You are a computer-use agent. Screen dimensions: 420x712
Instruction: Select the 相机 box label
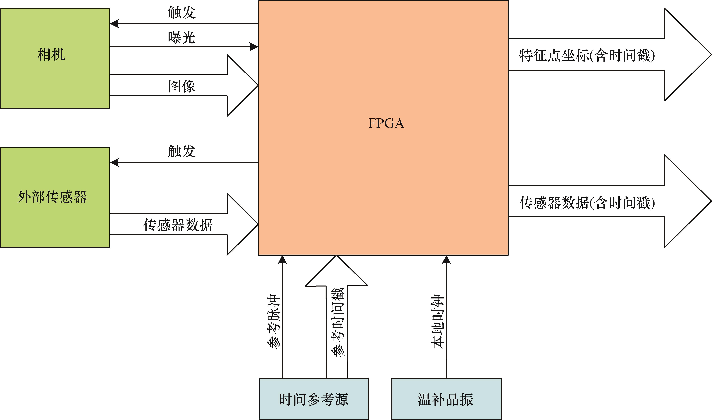(x=51, y=54)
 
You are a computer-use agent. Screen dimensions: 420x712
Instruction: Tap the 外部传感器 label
(x=52, y=197)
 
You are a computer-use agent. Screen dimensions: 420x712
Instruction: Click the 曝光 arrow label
(x=182, y=37)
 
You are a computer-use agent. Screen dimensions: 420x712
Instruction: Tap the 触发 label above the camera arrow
(x=182, y=12)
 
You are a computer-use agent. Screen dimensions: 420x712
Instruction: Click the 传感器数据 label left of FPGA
(x=178, y=225)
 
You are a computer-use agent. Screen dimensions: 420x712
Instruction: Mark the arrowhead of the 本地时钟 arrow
(x=446, y=260)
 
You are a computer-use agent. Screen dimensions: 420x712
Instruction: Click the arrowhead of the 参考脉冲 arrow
(x=282, y=260)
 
